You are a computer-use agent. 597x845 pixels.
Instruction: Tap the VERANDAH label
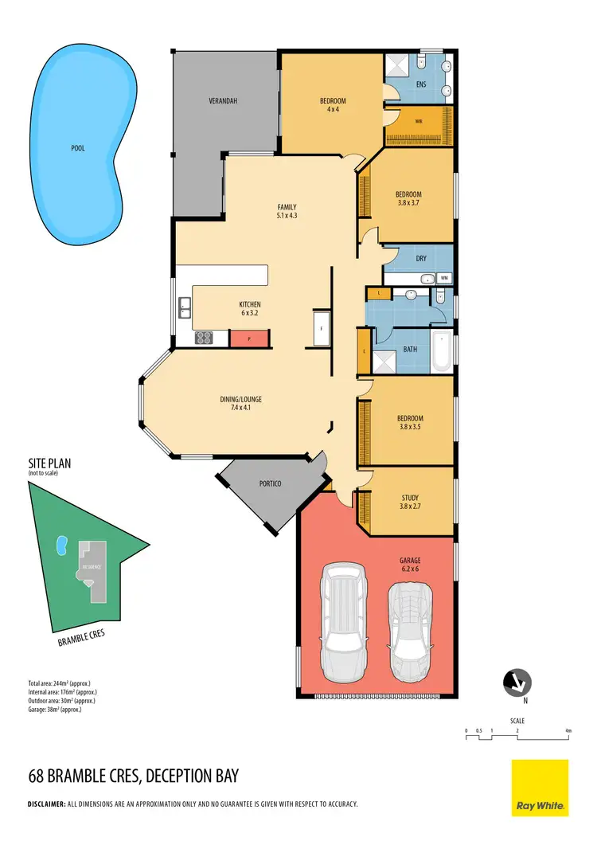click(224, 101)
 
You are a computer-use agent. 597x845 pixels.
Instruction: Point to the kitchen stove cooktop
click(203, 338)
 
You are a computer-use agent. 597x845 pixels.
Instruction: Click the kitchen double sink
click(185, 308)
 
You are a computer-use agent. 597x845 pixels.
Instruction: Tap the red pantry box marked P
click(250, 338)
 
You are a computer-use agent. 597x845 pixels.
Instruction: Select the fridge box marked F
click(322, 328)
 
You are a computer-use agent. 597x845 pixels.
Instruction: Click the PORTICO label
click(270, 483)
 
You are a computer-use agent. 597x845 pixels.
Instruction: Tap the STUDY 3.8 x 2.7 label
click(411, 503)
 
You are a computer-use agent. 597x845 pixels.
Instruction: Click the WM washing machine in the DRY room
click(444, 278)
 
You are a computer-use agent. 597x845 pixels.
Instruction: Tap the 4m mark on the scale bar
click(568, 730)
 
